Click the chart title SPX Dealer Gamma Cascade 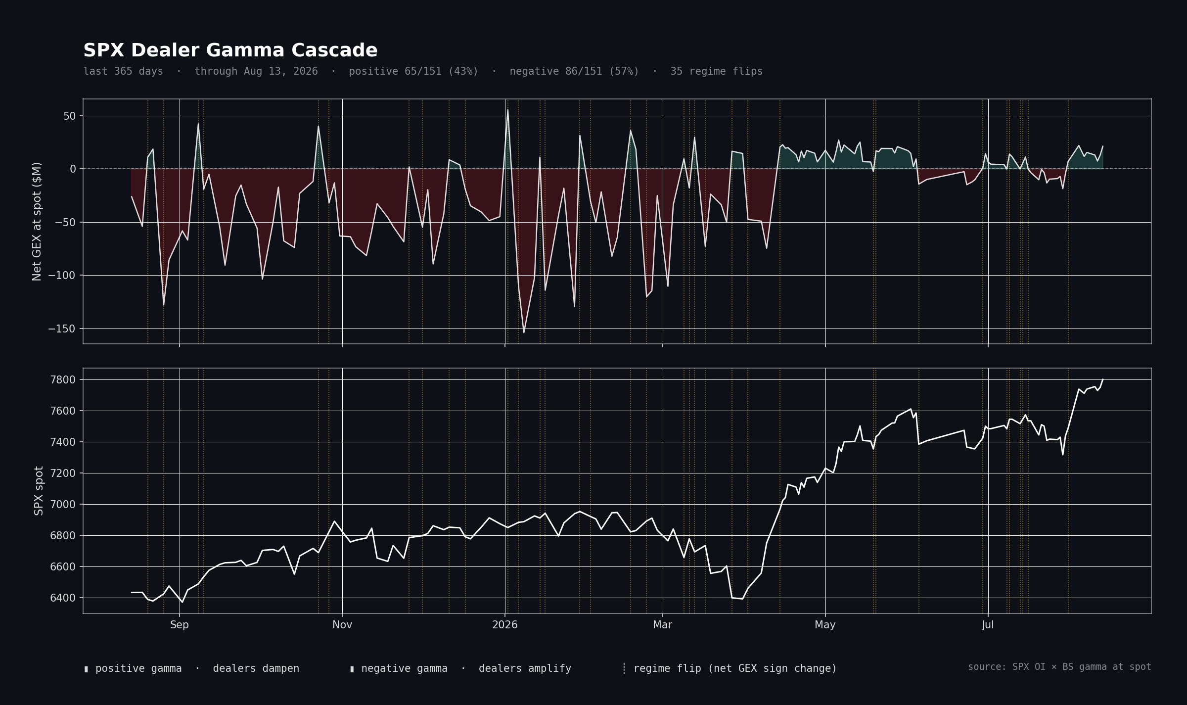pos(230,50)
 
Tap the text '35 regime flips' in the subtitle pos(716,71)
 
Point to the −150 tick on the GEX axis pos(62,329)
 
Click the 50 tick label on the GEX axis pos(70,116)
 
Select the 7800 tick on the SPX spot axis pos(63,380)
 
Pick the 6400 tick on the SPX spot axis pos(63,598)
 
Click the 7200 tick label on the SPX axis pos(63,473)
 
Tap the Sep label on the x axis pos(180,625)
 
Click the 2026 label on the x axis pos(505,625)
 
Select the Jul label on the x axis pos(988,625)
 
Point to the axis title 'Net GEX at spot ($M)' pos(37,222)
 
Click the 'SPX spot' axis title pos(39,491)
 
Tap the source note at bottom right pos(1059,667)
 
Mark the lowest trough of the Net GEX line pos(524,332)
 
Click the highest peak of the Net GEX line pos(507,110)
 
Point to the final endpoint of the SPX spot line pos(1102,379)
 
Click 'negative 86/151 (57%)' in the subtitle pos(574,71)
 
